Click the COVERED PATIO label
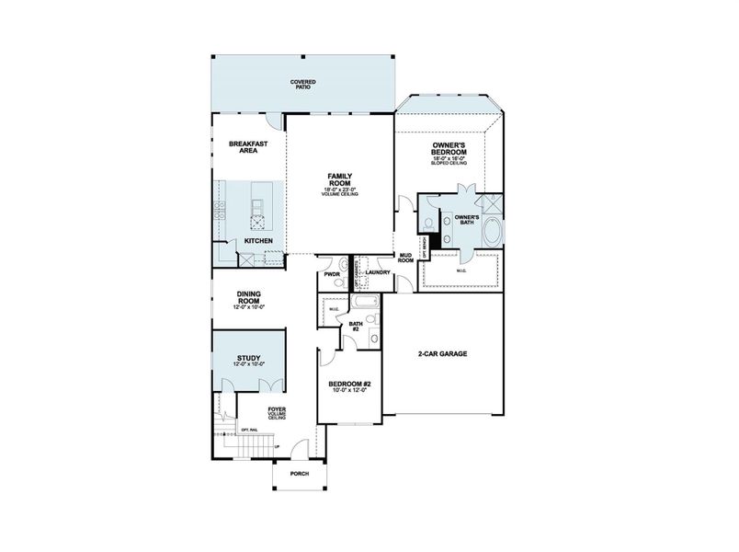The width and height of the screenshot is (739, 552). tap(303, 85)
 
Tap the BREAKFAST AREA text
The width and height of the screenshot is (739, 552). tap(247, 147)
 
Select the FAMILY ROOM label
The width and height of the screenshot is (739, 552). tap(340, 178)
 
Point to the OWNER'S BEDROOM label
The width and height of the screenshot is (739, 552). tap(451, 150)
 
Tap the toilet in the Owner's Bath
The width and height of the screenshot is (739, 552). tap(429, 225)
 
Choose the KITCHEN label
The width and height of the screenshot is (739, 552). tap(257, 241)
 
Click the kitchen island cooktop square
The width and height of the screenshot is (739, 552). tap(258, 219)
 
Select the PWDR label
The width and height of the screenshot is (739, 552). tap(332, 274)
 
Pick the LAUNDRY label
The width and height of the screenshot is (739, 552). tap(379, 273)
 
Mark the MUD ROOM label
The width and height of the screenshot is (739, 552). tap(404, 259)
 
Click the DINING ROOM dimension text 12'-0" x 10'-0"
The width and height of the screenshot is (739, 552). tap(250, 306)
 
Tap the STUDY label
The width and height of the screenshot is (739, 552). tap(248, 359)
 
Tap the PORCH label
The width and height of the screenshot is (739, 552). tap(299, 474)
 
